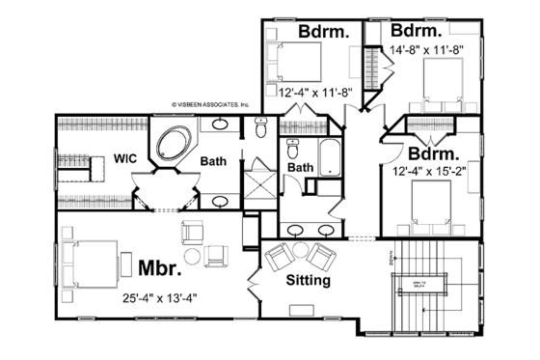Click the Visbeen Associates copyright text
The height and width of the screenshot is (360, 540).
tap(211, 103)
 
